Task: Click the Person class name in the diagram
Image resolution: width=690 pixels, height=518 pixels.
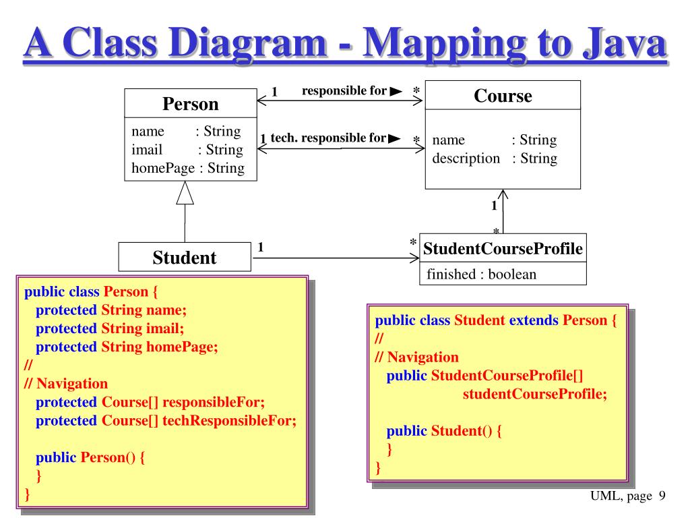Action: pos(191,104)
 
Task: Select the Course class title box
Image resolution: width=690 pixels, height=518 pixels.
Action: pos(503,95)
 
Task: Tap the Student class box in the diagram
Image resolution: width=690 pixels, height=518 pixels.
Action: pos(185,257)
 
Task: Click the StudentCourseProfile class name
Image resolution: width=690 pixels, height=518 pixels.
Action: pos(503,248)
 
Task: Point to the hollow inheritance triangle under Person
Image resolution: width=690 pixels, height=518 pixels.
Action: pos(185,193)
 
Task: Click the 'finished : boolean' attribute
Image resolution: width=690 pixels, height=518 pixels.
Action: pos(481,274)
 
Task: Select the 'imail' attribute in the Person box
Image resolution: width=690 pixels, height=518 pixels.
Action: pos(147,150)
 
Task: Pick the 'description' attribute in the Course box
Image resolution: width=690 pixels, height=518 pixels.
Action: pos(466,158)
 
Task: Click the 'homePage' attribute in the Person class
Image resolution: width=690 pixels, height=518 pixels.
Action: pos(163,168)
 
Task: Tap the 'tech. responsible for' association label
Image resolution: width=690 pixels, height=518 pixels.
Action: pos(328,138)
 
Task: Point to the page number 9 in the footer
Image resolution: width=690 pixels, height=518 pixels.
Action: pos(662,496)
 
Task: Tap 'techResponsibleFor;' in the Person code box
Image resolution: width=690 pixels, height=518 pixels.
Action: pos(229,421)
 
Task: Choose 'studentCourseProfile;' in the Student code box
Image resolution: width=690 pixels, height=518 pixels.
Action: pos(534,394)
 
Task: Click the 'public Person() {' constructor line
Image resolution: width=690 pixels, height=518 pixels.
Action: pos(90,458)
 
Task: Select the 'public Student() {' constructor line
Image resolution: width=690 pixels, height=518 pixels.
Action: pos(444,431)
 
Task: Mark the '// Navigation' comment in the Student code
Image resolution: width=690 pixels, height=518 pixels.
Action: pos(416,357)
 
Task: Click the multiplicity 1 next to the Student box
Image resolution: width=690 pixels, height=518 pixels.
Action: pos(261,247)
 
